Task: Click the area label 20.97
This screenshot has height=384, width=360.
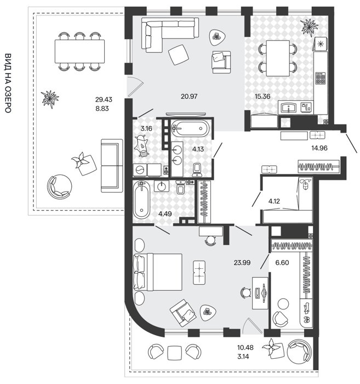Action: [x=189, y=96]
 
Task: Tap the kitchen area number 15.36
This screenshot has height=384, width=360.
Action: [x=262, y=96]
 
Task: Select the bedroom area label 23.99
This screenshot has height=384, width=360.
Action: [x=242, y=263]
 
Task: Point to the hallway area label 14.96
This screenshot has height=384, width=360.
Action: [x=319, y=148]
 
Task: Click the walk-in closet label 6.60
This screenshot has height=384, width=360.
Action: [x=282, y=263]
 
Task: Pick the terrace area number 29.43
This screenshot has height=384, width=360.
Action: [x=104, y=99]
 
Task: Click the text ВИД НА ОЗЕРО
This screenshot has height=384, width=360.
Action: [x=8, y=83]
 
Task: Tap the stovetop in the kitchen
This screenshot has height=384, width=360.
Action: [x=320, y=78]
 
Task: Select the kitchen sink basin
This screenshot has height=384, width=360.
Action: [x=289, y=108]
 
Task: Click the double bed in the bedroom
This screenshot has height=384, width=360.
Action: [x=158, y=272]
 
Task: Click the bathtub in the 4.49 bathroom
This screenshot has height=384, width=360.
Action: [x=141, y=200]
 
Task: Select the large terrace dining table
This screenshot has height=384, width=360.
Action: [x=79, y=51]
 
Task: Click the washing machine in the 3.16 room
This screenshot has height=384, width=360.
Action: [x=140, y=170]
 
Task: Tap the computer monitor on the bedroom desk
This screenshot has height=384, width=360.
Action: [x=264, y=292]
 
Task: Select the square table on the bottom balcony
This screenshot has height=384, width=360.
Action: [x=174, y=353]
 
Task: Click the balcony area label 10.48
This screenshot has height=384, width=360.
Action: [x=245, y=347]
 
